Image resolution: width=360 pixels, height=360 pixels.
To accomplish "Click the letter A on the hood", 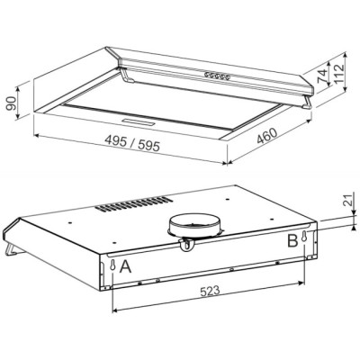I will pos(127,267).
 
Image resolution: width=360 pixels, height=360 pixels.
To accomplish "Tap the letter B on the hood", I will pos(292,240).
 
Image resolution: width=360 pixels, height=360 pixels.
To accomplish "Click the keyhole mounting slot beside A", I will pos(112,266).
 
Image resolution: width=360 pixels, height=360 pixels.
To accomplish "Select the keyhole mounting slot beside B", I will pos(307,238).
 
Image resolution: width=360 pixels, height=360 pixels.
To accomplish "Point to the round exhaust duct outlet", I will pos(193,225).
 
